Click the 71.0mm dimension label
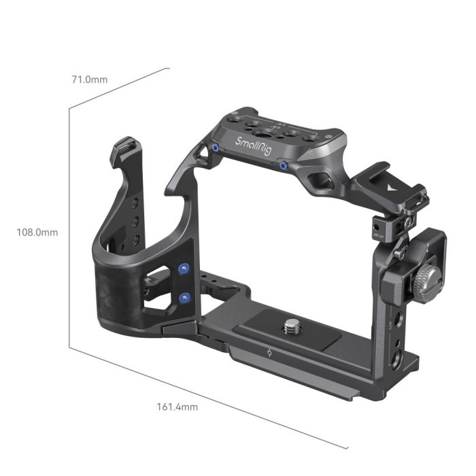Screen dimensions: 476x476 coord(89,79)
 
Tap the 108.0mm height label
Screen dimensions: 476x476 coord(37,232)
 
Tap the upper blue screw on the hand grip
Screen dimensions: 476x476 coord(182,269)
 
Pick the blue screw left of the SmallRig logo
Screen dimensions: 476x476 coord(216,148)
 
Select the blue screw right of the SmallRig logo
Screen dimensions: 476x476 coord(284,165)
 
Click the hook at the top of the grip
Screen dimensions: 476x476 coord(126,146)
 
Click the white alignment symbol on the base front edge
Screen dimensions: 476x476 coord(269,352)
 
